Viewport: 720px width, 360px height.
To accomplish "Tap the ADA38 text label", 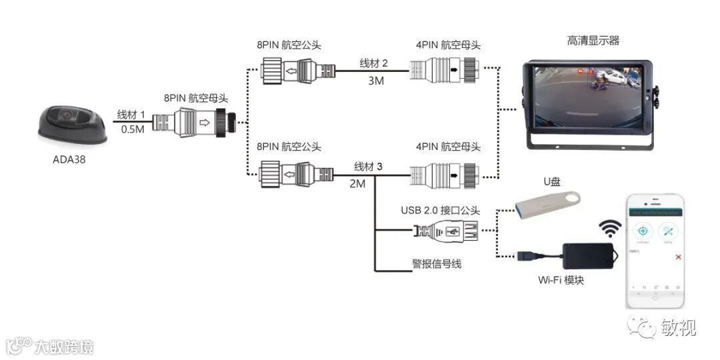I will pos(70,160).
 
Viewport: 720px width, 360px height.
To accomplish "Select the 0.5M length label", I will pos(133,129).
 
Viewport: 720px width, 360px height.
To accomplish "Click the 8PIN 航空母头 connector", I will pos(198,123).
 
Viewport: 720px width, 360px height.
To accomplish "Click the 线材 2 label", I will pos(374,63).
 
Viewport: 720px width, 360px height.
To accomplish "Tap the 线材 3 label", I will pos(368,166).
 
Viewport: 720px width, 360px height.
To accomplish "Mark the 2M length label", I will pos(357,183).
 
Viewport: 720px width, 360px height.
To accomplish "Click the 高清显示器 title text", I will pos(593,41).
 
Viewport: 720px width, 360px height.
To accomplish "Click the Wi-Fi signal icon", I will pos(609,229).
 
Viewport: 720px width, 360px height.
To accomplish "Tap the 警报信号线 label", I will pos(437,263).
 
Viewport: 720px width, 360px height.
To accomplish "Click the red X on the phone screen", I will pos(678,257).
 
